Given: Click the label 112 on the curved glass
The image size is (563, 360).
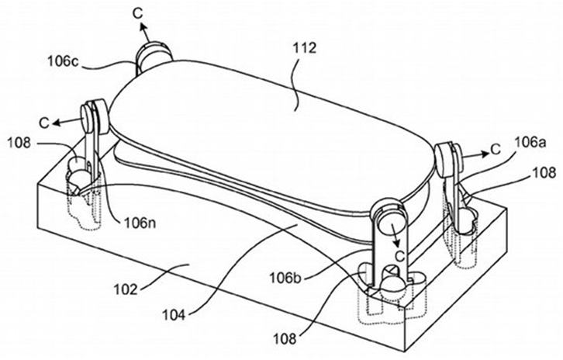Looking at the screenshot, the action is point(304,48).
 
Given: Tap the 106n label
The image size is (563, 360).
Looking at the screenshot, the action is point(140,223).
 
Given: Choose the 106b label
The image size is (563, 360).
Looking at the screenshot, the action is point(286,278).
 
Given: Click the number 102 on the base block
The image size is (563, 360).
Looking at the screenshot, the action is point(126,289).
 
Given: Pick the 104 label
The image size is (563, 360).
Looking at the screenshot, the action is point(174,315).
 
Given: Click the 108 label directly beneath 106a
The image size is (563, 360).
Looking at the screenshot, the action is point(544,173).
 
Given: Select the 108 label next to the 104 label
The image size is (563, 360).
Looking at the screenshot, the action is point(285,338).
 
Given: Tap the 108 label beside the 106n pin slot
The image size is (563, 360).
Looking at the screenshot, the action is point(19,143).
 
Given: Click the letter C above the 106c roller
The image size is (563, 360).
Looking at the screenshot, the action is point(138,13).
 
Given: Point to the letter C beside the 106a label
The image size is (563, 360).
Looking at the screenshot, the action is point(496,150).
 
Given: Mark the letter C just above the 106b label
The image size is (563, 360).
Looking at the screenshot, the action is point(399,257).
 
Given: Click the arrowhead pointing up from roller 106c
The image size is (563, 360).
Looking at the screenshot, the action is point(142,26).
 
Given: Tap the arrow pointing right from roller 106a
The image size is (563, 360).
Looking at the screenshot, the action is point(475,155).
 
